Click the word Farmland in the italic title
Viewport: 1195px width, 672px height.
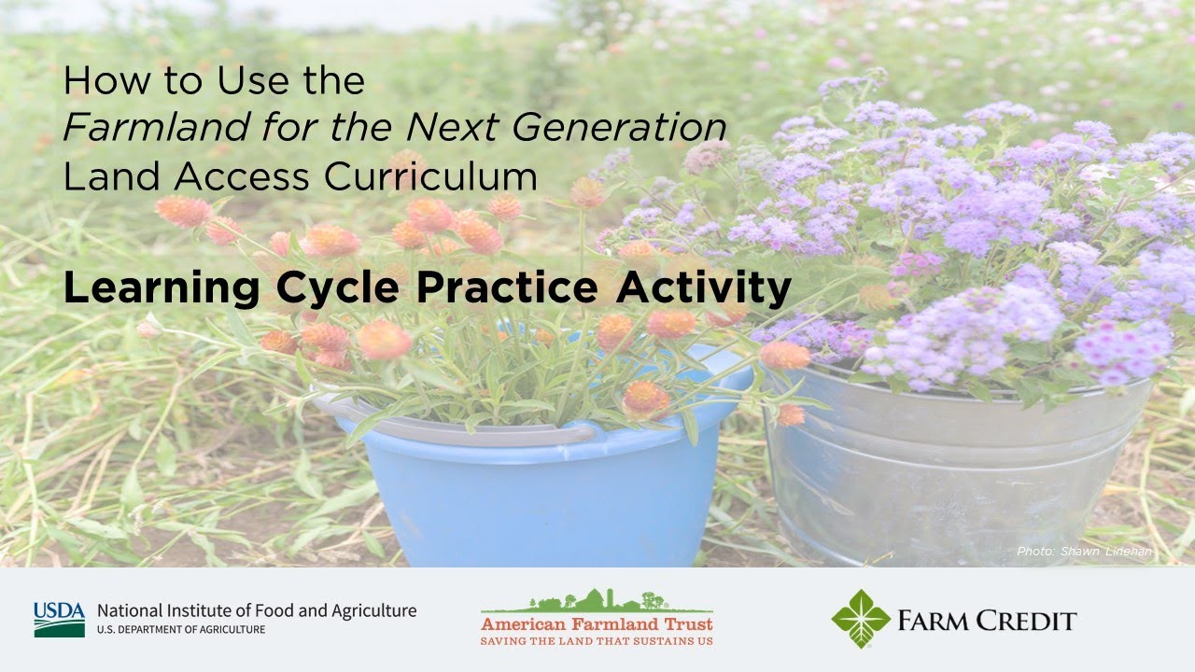click(x=157, y=128)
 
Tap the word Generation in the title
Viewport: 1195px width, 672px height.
click(x=619, y=128)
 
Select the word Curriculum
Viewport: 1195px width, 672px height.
click(x=430, y=176)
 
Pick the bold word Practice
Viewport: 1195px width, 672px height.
click(x=507, y=287)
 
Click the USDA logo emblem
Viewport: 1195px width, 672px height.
click(x=59, y=620)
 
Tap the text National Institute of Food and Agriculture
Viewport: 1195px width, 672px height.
click(x=257, y=611)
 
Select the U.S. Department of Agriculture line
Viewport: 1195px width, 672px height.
click(x=181, y=630)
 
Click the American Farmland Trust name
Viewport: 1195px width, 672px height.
click(x=597, y=624)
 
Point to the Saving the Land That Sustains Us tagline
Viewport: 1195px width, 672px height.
click(x=597, y=641)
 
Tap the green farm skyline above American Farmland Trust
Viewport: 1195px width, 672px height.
click(x=597, y=602)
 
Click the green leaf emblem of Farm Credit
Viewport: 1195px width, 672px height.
click(x=861, y=619)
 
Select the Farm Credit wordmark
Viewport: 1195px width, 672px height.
click(x=987, y=622)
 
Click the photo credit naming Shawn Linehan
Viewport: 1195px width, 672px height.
click(x=1084, y=551)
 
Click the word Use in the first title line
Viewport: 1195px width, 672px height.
click(x=253, y=80)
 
